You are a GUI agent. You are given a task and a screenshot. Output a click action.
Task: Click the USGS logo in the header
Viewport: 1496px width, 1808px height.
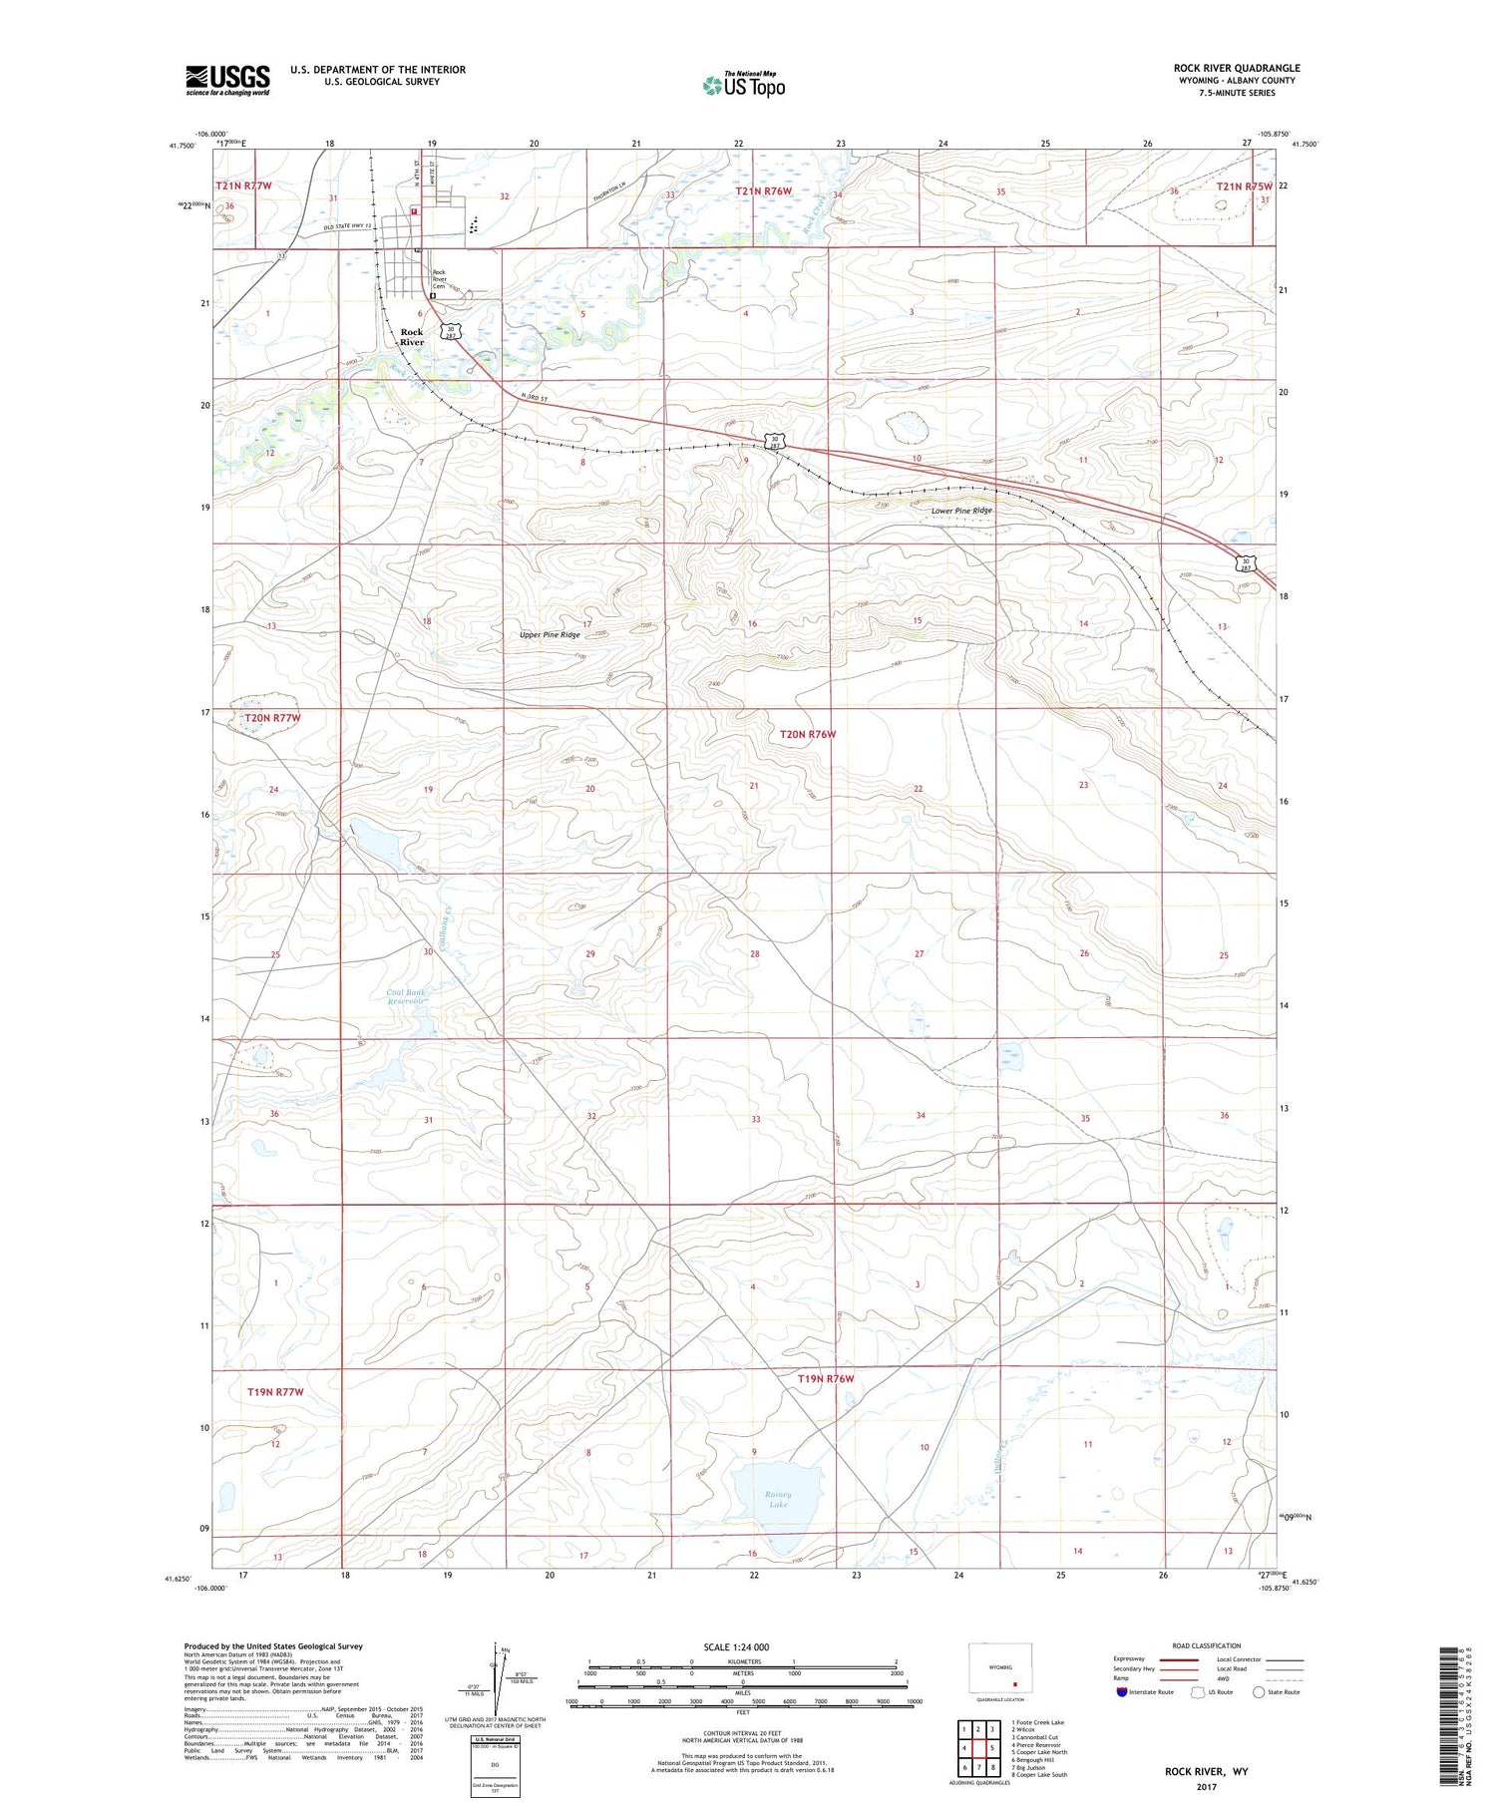pos(227,80)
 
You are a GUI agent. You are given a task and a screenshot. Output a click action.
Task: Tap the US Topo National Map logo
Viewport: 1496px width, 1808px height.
pos(743,85)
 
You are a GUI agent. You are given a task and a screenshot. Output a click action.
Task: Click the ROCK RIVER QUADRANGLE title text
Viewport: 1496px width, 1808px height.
pos(1236,68)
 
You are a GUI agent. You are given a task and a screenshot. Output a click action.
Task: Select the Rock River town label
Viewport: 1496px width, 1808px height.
pos(411,337)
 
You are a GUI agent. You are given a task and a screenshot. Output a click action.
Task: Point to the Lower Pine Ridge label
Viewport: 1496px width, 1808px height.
pos(961,511)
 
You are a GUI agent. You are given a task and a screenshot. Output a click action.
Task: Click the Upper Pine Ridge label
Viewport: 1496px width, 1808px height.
pos(550,634)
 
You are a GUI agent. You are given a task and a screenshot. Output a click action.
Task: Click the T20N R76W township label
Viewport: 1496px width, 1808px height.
pos(807,734)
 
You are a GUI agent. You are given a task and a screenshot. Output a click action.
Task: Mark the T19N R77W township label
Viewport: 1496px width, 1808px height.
pos(274,1390)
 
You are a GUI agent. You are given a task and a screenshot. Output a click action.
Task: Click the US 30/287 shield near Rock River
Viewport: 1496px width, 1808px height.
pos(452,330)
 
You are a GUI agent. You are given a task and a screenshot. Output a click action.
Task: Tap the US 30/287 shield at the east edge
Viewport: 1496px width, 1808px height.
pos(1244,563)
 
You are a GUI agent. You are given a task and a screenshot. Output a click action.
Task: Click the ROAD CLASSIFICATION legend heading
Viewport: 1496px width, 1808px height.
pos(1206,1645)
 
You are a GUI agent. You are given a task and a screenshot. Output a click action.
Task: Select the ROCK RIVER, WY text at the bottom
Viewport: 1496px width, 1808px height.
pos(1206,1771)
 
